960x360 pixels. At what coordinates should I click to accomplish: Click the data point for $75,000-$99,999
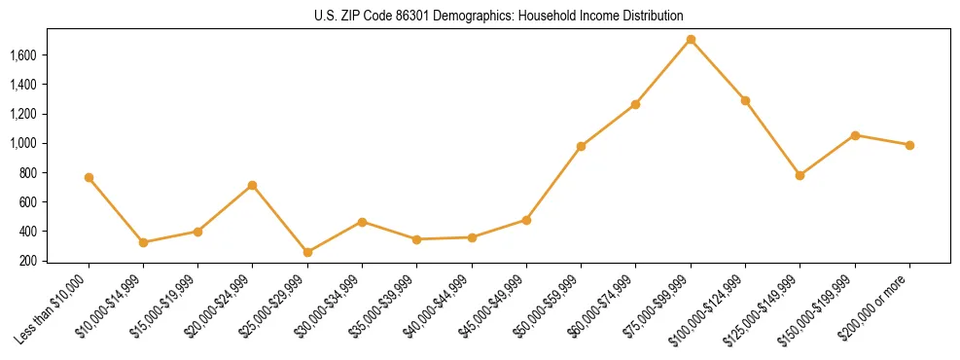click(x=691, y=40)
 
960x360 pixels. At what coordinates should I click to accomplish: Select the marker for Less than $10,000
click(x=89, y=178)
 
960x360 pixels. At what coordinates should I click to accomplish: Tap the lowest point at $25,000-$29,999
click(x=307, y=252)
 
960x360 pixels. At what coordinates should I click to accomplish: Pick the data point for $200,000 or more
click(x=909, y=145)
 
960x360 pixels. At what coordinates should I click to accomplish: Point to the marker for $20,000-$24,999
click(x=253, y=185)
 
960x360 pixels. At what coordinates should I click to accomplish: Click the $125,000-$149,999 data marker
click(x=800, y=175)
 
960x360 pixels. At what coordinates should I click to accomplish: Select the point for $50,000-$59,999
click(x=581, y=146)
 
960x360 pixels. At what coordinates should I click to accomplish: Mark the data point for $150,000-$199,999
click(x=855, y=135)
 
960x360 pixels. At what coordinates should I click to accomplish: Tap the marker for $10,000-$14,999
click(x=143, y=242)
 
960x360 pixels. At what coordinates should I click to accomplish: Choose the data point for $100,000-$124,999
click(x=745, y=100)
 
